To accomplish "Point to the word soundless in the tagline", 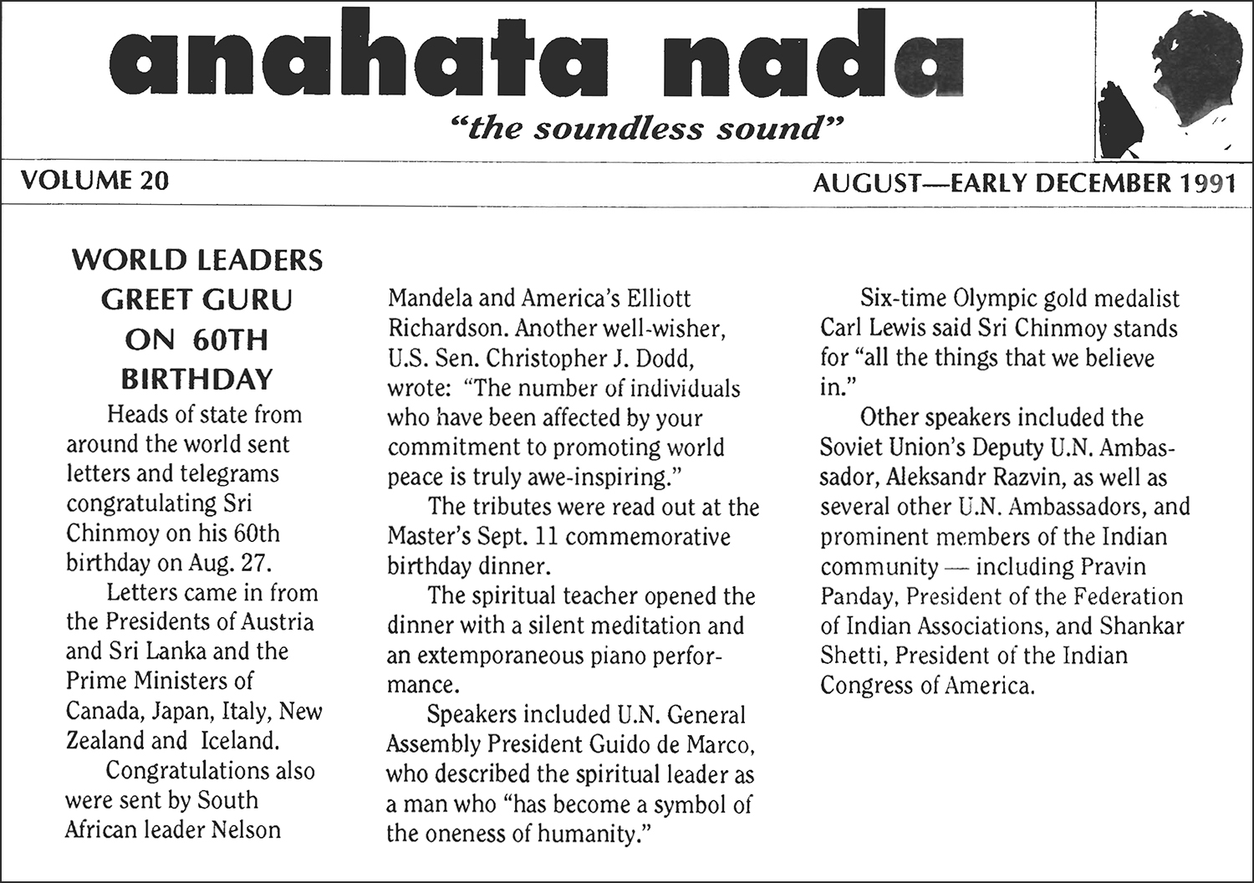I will [x=614, y=129].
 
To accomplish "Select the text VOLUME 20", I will [x=94, y=181].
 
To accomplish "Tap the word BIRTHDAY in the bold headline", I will [x=197, y=380].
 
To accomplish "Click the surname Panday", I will [x=859, y=596].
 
